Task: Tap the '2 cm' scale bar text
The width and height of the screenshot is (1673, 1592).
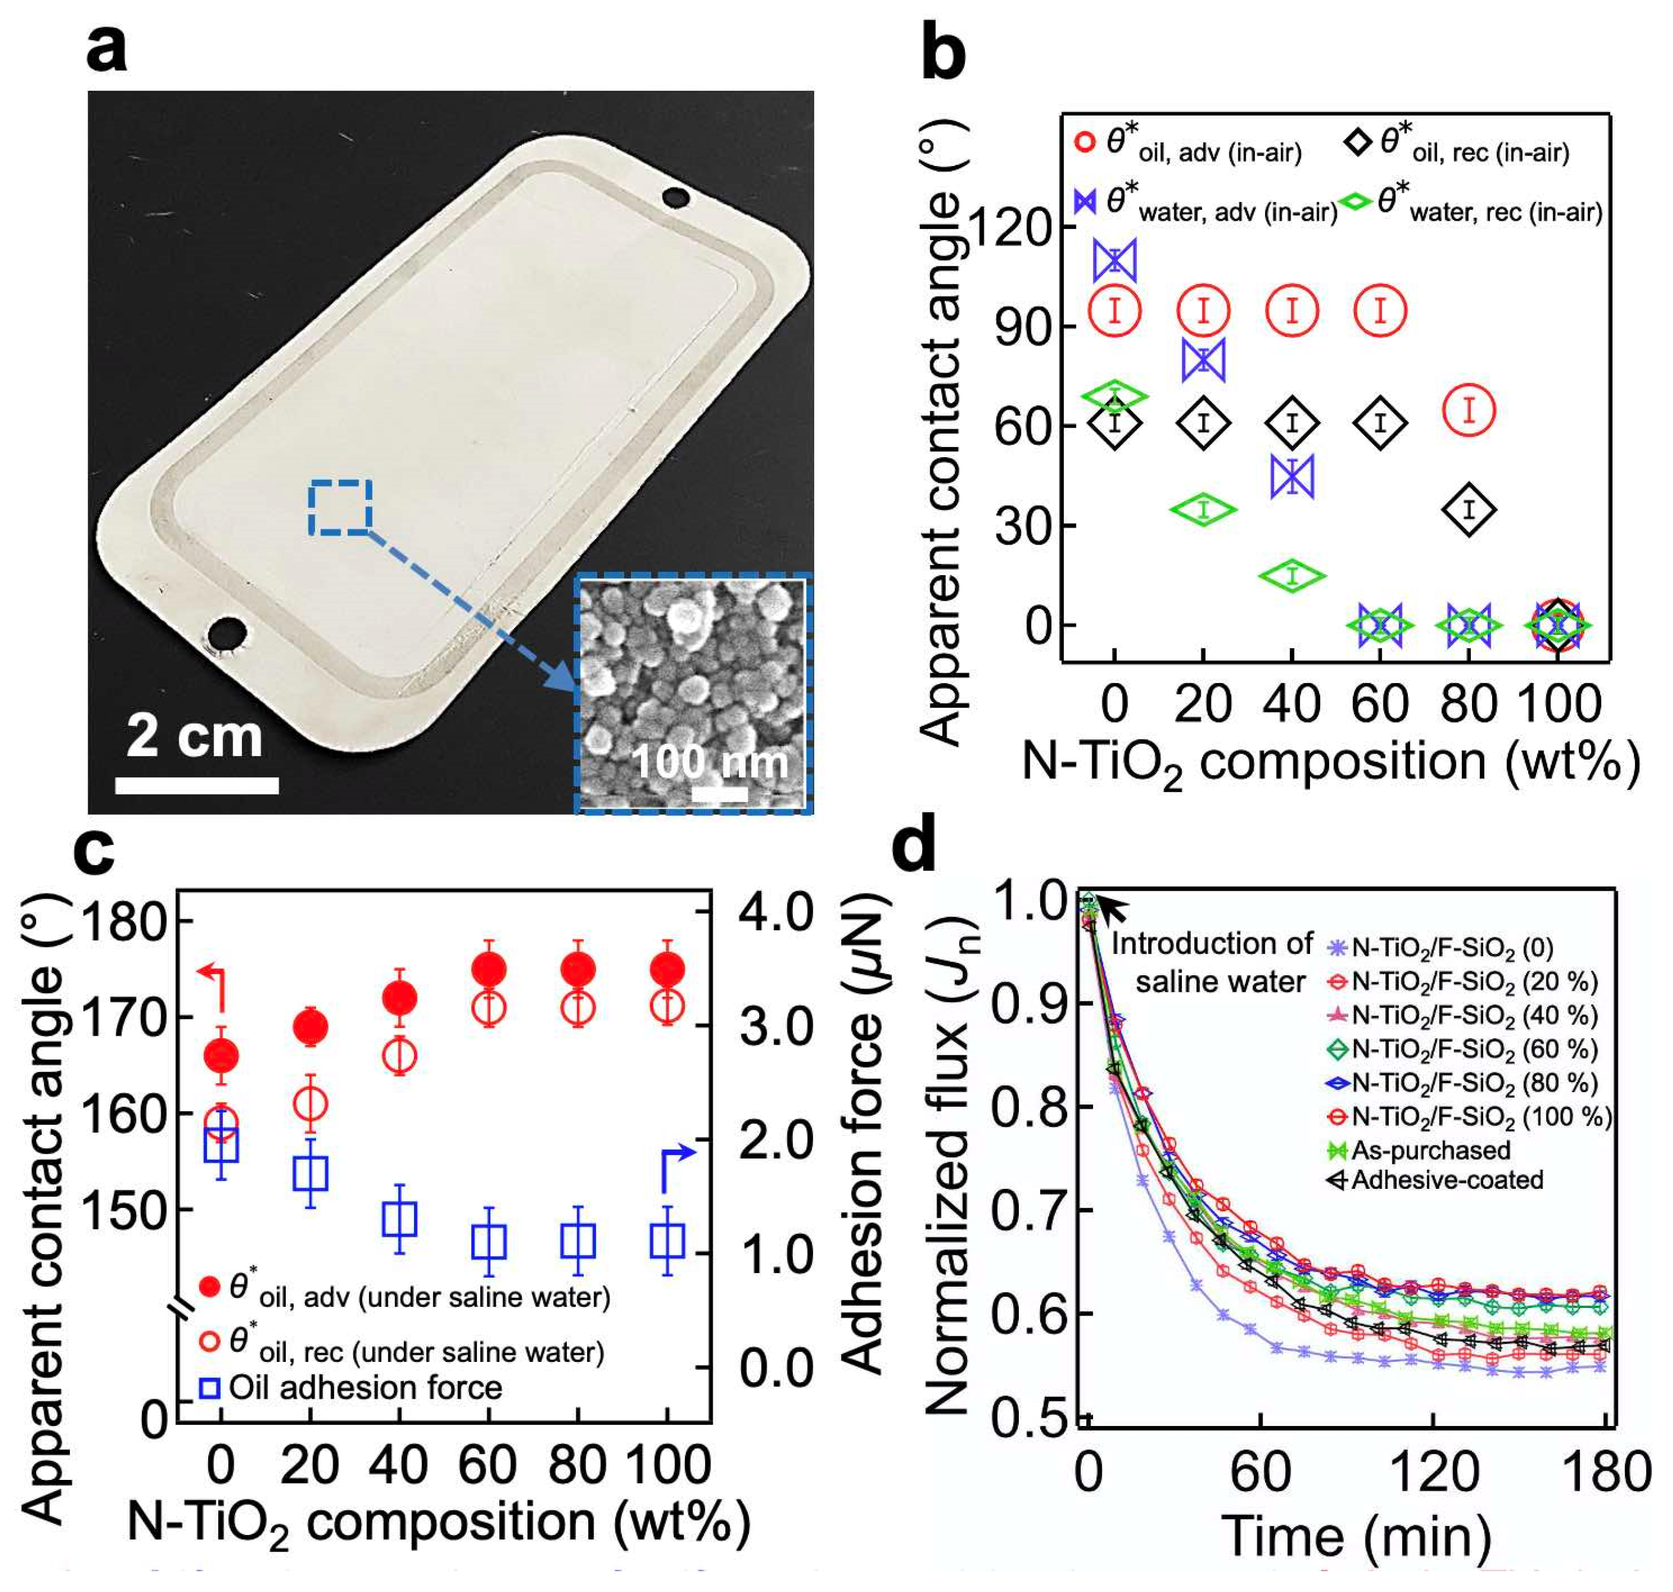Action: tap(195, 736)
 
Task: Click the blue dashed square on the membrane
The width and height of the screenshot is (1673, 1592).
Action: tap(340, 506)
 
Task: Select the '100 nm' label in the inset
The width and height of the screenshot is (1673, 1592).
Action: tap(710, 761)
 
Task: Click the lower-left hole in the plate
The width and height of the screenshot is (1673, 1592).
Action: tap(227, 632)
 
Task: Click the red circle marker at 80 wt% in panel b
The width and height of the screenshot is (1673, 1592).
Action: tap(1468, 411)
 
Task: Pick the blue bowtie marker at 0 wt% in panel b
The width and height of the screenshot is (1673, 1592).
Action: tap(1114, 260)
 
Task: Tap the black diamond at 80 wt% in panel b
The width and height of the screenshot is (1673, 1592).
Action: tap(1468, 509)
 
